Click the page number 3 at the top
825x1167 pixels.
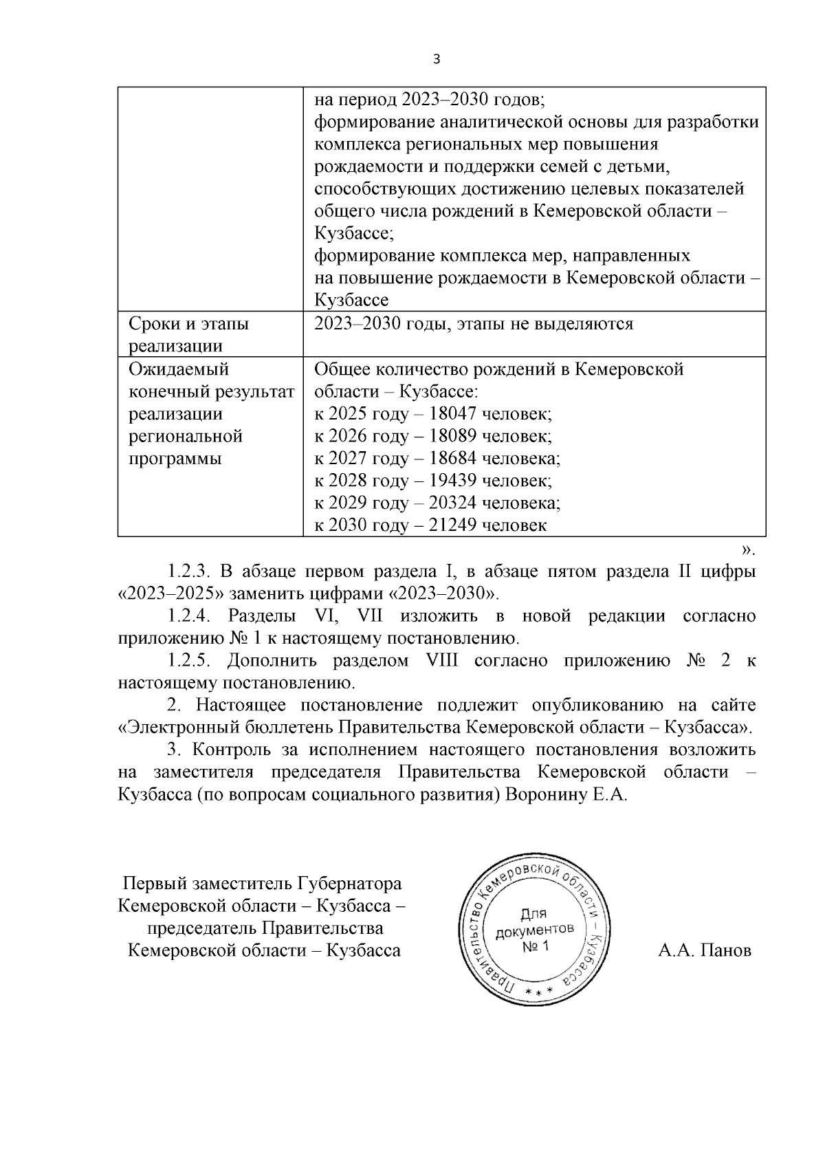tap(436, 59)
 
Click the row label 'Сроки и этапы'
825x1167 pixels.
tap(189, 324)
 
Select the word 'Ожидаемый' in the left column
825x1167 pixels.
tap(179, 369)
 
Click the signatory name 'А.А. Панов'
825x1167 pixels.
tap(705, 951)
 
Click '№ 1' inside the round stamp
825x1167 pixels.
tap(536, 947)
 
